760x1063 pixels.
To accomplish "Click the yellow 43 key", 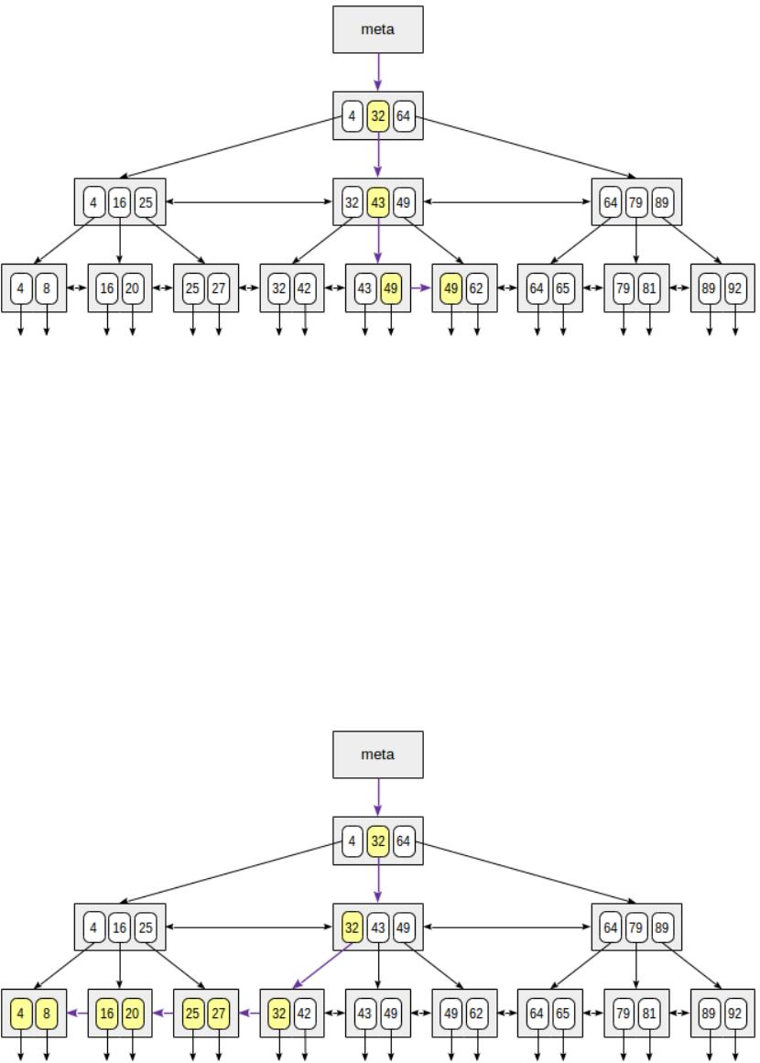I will (377, 202).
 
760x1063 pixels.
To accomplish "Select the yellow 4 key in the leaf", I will (21, 1014).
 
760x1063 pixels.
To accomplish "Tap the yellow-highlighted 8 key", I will (47, 1014).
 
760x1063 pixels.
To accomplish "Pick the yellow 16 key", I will (107, 1014).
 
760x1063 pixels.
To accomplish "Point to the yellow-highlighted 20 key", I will (133, 1014).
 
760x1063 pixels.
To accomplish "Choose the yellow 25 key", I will (193, 1014).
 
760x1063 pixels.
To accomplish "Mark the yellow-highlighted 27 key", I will (219, 1014).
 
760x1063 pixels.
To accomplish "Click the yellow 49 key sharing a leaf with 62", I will (451, 288).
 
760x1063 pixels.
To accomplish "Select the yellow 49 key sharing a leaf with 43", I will (391, 288).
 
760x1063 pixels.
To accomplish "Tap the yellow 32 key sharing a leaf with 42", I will (279, 1014).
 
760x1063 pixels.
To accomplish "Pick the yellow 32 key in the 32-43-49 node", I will (353, 927).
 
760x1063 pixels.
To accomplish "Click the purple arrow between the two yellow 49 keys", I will (419, 288).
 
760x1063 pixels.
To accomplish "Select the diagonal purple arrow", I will (322, 967).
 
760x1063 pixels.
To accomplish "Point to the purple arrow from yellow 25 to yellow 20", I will (163, 1014).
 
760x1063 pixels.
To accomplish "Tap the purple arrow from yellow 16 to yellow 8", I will (77, 1014).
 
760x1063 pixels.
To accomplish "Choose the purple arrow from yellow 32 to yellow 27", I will (249, 1014).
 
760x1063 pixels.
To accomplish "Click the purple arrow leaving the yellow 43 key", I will (377, 244).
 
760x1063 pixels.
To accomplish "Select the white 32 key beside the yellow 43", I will (353, 202).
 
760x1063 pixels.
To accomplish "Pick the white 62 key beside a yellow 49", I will (477, 288).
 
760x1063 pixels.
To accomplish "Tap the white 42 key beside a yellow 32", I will (305, 1014).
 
